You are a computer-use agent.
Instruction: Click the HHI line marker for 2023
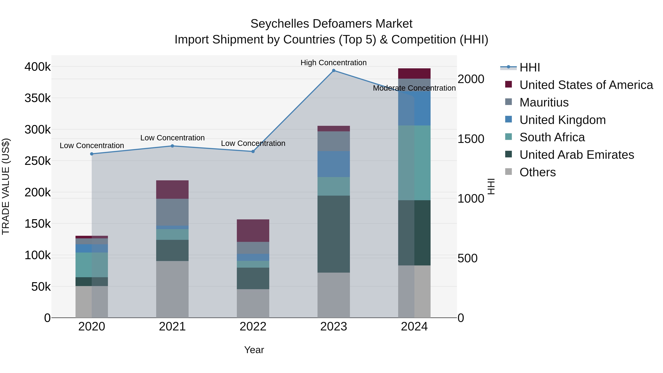click(x=334, y=71)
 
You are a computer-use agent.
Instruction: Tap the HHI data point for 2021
click(x=172, y=146)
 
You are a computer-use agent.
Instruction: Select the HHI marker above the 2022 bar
click(x=253, y=152)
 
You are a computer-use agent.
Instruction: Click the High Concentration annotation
click(x=334, y=63)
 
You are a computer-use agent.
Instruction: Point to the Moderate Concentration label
click(x=414, y=88)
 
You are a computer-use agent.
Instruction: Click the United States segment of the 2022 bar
click(x=253, y=230)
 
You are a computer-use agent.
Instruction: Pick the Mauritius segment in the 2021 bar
click(x=172, y=212)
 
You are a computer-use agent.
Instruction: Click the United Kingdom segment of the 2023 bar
click(x=334, y=164)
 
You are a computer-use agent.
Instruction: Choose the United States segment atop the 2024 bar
click(x=414, y=73)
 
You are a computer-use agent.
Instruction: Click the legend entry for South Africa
click(x=552, y=137)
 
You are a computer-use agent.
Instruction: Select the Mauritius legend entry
click(x=544, y=102)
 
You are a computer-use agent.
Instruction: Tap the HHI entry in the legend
click(x=529, y=67)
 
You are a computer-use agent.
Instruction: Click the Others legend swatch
click(x=508, y=172)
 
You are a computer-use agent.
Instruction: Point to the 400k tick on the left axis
click(x=38, y=67)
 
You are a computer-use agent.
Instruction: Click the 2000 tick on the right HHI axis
click(x=471, y=79)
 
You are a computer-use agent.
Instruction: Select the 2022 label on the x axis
click(x=253, y=327)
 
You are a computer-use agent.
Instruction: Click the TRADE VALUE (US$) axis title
click(x=6, y=186)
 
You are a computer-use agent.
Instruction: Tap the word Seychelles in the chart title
click(x=280, y=24)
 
